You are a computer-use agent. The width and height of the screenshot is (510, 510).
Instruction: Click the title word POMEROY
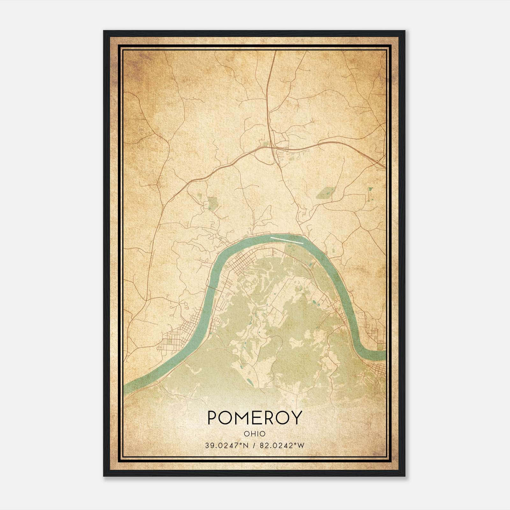click(x=254, y=418)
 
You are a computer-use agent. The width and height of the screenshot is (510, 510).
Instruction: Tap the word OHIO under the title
click(x=254, y=433)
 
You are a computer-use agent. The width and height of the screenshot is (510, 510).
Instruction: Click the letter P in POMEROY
click(x=213, y=418)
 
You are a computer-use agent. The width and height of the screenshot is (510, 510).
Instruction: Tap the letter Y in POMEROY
click(x=296, y=418)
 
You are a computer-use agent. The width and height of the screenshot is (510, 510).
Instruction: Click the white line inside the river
click(x=286, y=240)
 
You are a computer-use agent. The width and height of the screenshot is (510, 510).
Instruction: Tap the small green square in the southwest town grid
click(x=170, y=341)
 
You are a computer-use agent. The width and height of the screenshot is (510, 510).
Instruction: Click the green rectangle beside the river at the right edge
click(x=380, y=346)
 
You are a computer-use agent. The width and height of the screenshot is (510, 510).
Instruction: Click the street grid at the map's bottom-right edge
click(x=379, y=370)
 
